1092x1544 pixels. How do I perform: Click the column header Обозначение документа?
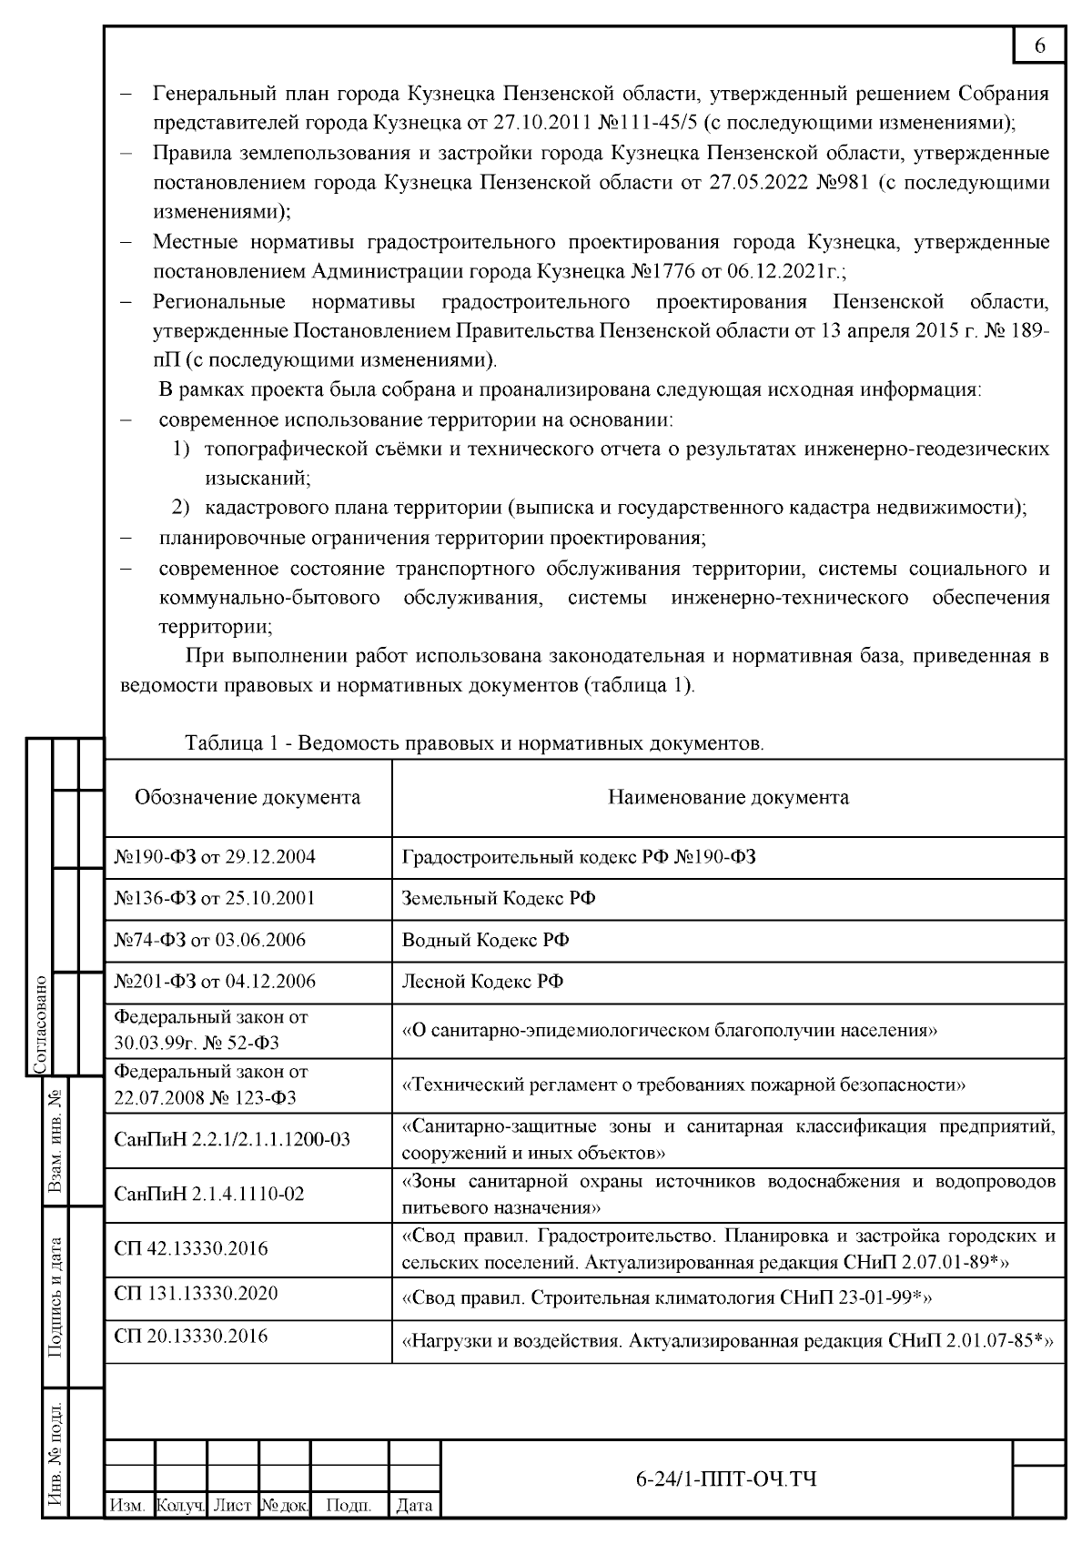(248, 798)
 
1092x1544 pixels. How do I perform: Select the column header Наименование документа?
(728, 798)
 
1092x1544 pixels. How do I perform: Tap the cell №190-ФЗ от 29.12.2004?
(215, 857)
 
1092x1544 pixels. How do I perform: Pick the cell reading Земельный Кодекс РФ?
(499, 899)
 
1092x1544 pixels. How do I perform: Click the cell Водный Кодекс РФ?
(485, 940)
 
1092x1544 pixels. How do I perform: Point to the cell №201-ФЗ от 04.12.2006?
(215, 982)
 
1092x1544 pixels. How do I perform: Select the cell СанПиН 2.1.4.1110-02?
(209, 1194)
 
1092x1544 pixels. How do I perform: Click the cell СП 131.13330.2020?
(196, 1294)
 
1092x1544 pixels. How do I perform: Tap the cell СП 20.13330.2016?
(191, 1336)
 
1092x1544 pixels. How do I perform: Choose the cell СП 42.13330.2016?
(191, 1248)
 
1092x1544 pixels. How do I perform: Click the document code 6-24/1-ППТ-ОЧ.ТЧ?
(725, 1478)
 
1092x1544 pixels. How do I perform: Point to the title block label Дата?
(415, 1507)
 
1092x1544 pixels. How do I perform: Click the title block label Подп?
(349, 1507)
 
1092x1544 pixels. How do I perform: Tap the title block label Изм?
(127, 1507)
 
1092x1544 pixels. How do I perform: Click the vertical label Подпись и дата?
(56, 1297)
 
